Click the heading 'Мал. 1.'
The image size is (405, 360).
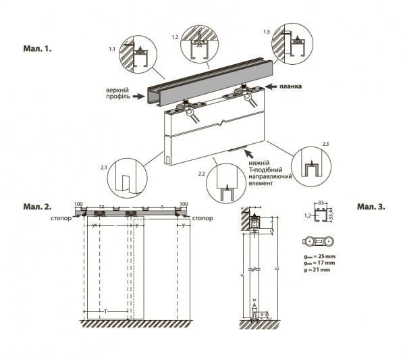pyautogui.click(x=38, y=49)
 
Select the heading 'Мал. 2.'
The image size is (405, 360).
pyautogui.click(x=38, y=204)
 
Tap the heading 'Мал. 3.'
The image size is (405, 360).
pyautogui.click(x=371, y=206)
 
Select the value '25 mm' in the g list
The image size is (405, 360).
pyautogui.click(x=323, y=258)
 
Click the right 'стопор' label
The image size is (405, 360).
pyautogui.click(x=202, y=218)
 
